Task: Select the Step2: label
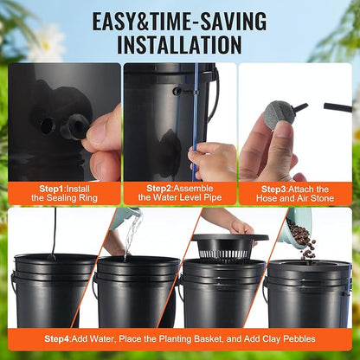coord(153,187)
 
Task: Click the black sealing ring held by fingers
coord(74,127)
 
